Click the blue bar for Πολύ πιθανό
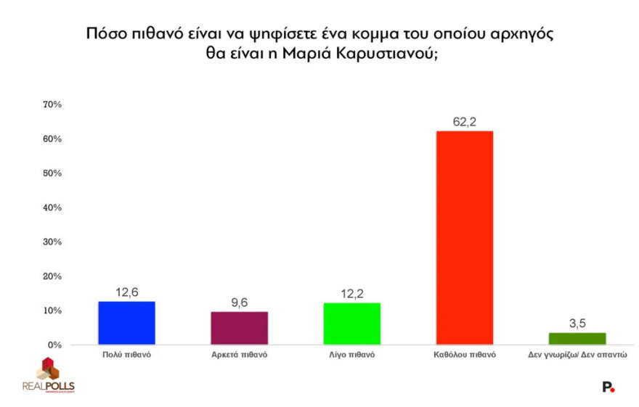(x=126, y=323)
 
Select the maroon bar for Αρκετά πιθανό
(x=239, y=328)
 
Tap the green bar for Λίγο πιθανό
(x=351, y=324)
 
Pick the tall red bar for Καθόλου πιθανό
(x=463, y=238)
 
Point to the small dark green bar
(x=577, y=338)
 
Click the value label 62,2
(x=463, y=122)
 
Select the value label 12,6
(x=126, y=292)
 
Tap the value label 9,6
(x=239, y=303)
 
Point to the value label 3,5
(x=577, y=324)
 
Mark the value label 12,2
(x=351, y=293)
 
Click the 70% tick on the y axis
(x=53, y=104)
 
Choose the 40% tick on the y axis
(x=53, y=207)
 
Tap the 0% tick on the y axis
(x=55, y=345)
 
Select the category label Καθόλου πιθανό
(x=463, y=355)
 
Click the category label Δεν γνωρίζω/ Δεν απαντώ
(x=577, y=355)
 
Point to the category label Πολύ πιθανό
(x=126, y=355)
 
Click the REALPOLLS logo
(x=49, y=376)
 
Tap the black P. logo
(x=609, y=387)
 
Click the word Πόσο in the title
(x=103, y=33)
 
